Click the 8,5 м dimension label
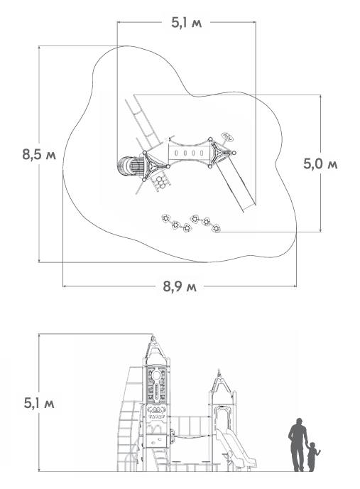(39, 154)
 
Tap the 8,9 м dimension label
(180, 286)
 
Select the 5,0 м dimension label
(320, 163)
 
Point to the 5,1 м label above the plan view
(186, 23)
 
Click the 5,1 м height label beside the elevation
(39, 403)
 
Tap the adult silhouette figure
(298, 444)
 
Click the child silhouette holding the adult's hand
(312, 456)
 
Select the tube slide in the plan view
(130, 166)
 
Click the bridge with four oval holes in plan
(189, 153)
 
